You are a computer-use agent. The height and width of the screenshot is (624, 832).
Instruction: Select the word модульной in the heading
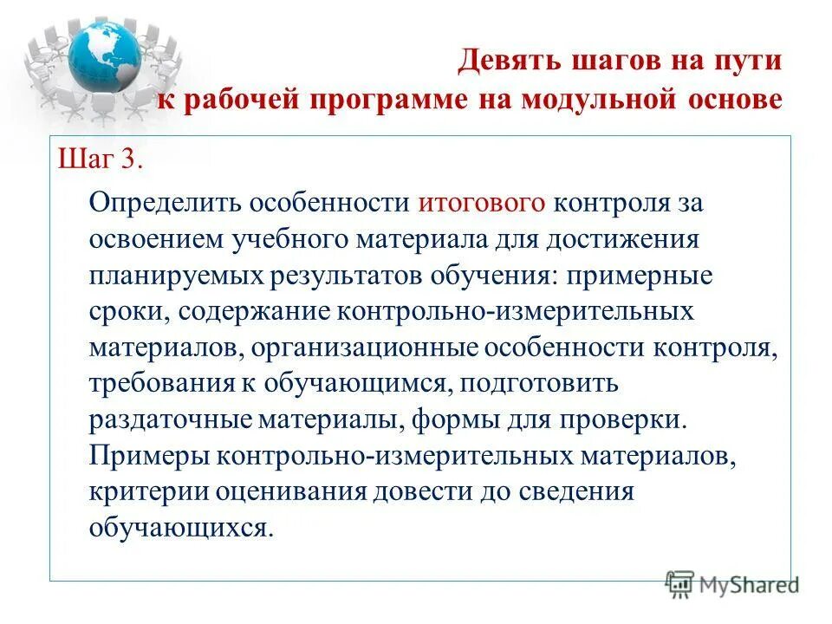pos(595,98)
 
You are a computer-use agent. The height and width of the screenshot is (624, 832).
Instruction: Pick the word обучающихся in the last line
pos(180,528)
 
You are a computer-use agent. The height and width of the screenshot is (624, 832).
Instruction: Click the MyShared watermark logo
pos(731,585)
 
